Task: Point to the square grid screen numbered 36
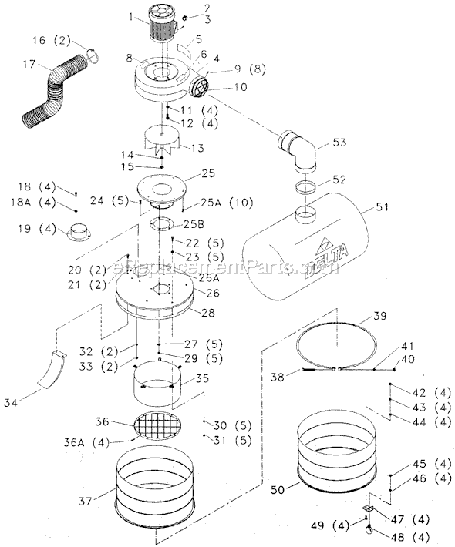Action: (x=160, y=425)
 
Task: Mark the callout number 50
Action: (x=275, y=489)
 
